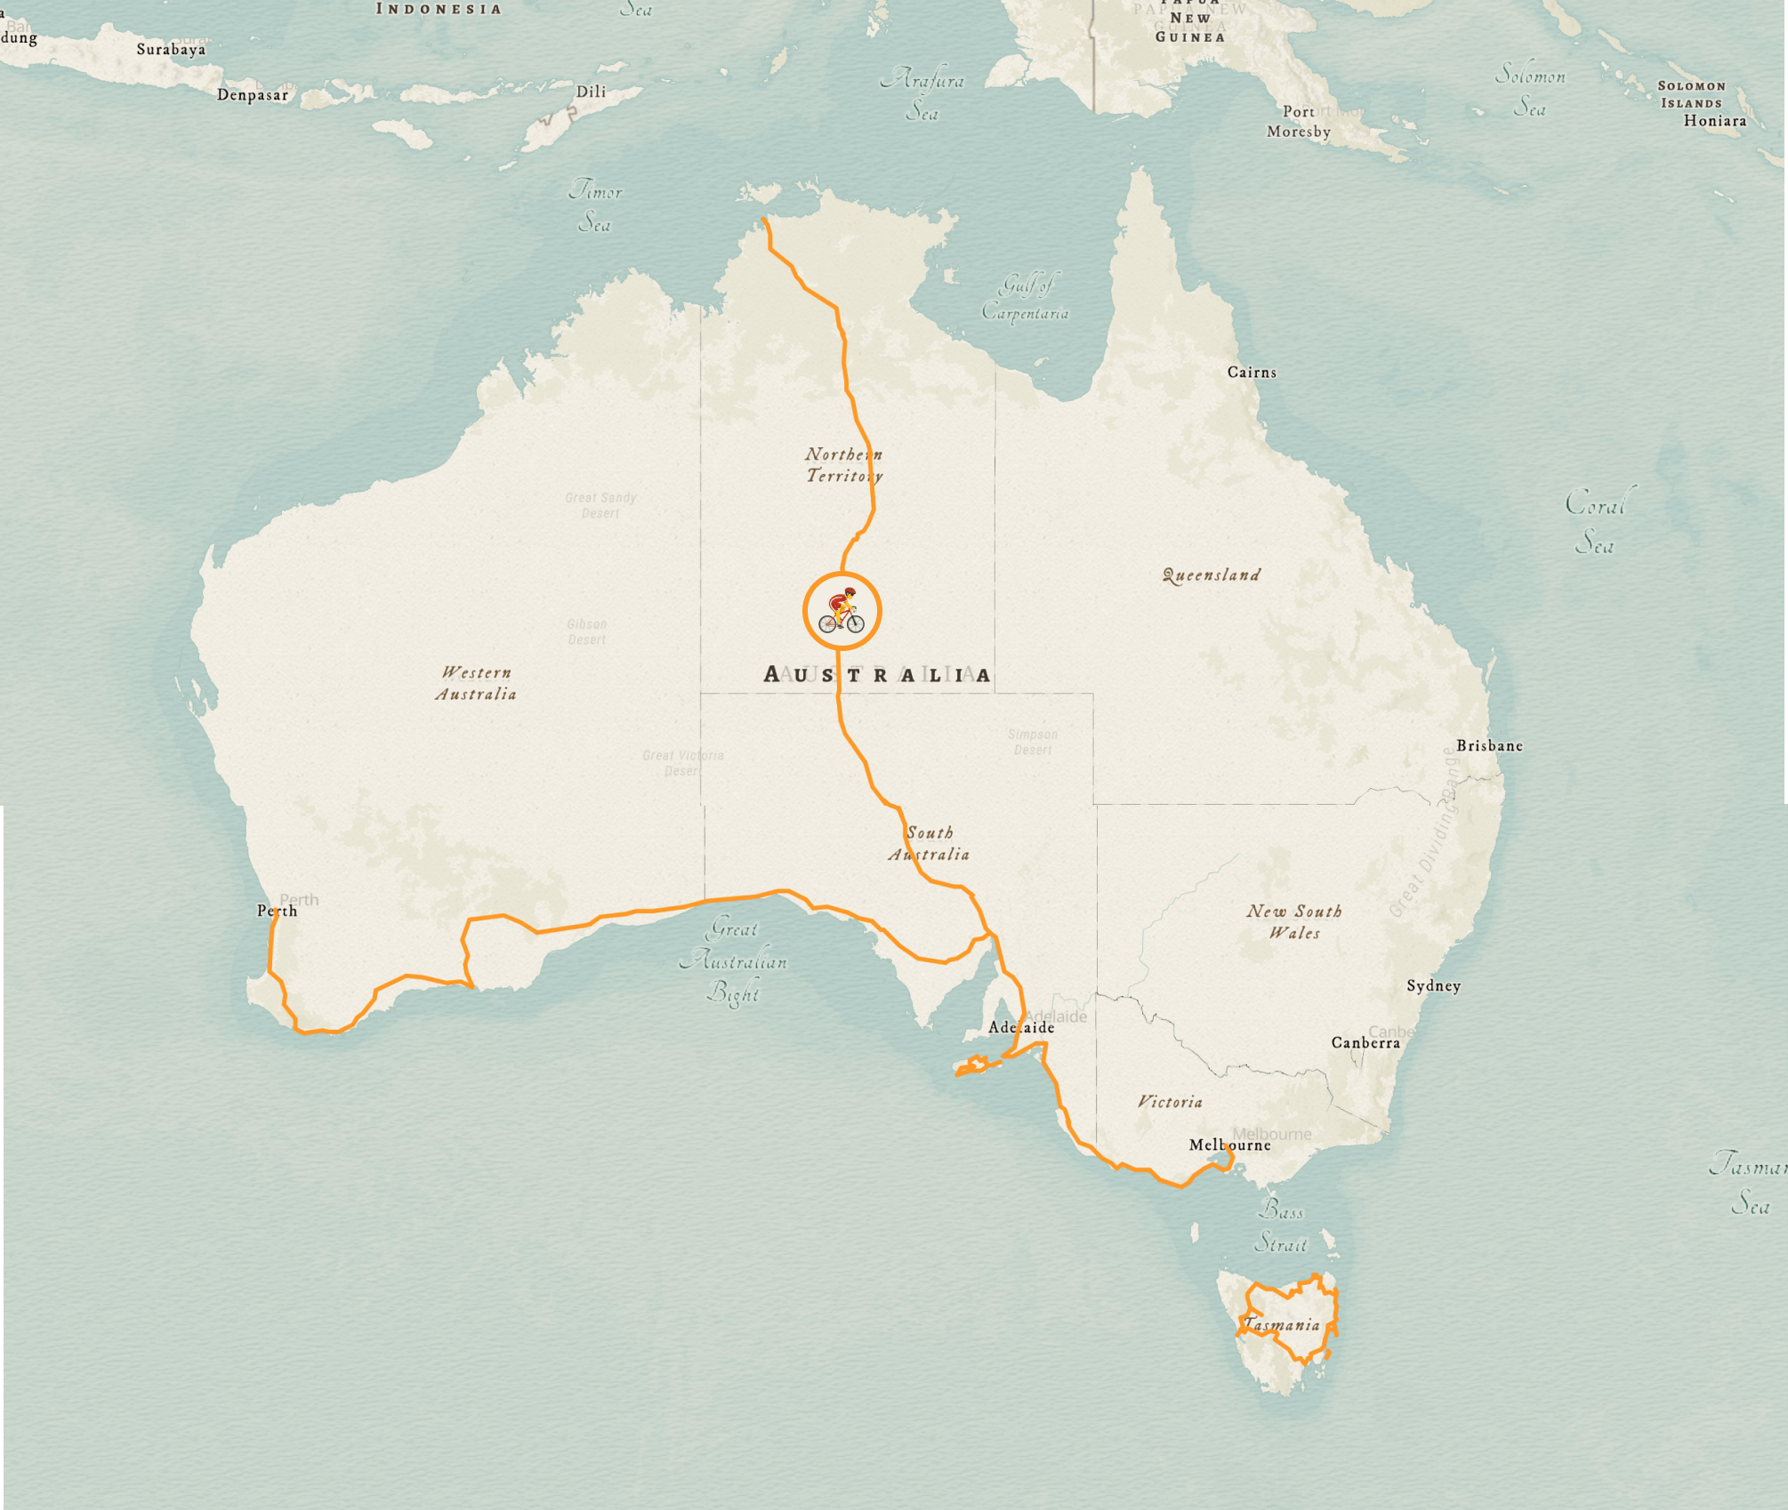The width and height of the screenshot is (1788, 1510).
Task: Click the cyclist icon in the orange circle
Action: [x=842, y=611]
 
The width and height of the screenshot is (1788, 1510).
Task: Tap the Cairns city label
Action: [x=1252, y=373]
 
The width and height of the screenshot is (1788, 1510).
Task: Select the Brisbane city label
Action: [x=1489, y=746]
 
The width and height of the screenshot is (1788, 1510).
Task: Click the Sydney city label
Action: [x=1433, y=985]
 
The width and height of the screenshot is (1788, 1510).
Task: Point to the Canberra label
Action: [x=1365, y=1042]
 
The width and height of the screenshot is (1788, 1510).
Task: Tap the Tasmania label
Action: [x=1282, y=1325]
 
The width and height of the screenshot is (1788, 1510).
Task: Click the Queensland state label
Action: [x=1212, y=575]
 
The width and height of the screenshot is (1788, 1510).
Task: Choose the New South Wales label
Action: [x=1294, y=922]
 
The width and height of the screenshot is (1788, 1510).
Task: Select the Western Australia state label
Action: [x=476, y=683]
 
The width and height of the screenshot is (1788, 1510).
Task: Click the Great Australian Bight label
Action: [x=734, y=961]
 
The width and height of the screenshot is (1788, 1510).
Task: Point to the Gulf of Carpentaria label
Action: [x=1026, y=299]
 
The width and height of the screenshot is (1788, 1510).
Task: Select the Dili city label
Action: [x=591, y=92]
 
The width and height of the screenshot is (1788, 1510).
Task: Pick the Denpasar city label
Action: [x=253, y=95]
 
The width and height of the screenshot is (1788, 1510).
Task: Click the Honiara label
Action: [x=1714, y=121]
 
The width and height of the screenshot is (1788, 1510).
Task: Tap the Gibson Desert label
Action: [x=587, y=631]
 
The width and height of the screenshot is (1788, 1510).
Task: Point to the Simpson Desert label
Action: [x=1033, y=742]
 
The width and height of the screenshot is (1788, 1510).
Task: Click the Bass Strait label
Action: [x=1281, y=1227]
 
